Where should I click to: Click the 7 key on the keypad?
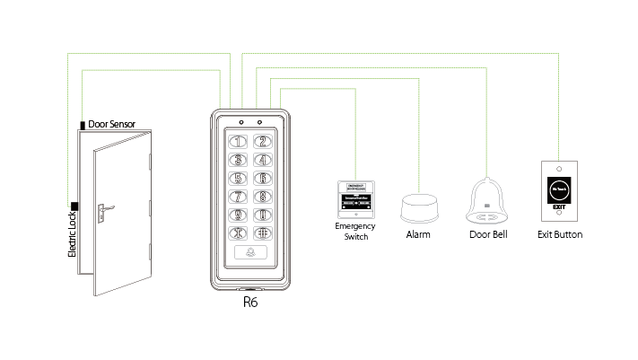click(x=239, y=197)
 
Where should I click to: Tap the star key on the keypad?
click(x=239, y=234)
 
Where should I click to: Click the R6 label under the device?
click(x=251, y=303)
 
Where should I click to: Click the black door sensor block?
click(x=83, y=126)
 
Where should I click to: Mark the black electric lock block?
click(x=74, y=206)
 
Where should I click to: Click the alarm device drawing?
click(x=418, y=208)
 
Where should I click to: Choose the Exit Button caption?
click(x=560, y=235)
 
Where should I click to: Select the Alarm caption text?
click(x=418, y=235)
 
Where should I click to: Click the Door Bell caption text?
click(x=489, y=235)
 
